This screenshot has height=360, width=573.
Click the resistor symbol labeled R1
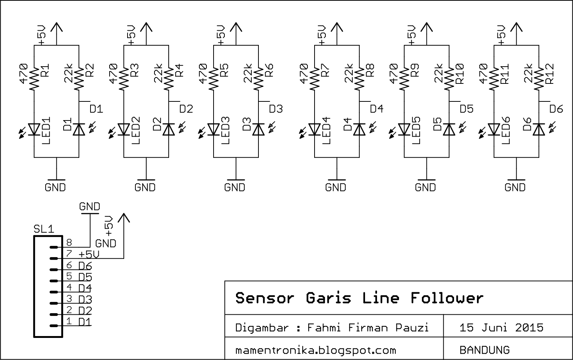tap(34, 78)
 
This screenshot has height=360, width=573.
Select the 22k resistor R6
tap(258, 78)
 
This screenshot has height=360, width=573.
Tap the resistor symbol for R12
tap(539, 78)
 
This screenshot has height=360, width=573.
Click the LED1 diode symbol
tap(34, 129)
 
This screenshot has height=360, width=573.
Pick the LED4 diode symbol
tap(315, 129)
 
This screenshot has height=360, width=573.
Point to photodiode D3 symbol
tap(258, 129)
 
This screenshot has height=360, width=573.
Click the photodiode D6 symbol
tap(539, 129)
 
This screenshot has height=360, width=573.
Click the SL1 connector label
tap(44, 229)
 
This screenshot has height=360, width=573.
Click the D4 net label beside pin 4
tap(85, 288)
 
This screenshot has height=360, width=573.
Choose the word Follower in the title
tap(447, 298)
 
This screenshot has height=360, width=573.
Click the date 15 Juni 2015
tap(501, 328)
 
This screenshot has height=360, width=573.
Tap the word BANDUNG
tap(484, 350)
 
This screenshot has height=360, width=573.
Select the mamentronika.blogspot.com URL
tap(315, 350)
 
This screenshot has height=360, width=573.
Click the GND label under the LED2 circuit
tap(145, 187)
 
